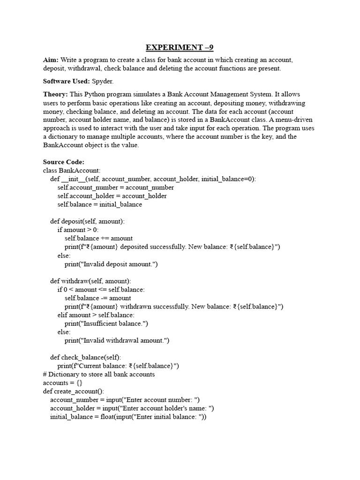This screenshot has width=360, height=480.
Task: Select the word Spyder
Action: tap(103, 81)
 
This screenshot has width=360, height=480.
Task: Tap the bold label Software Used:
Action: tap(66, 81)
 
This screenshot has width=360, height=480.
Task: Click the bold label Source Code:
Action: tap(63, 162)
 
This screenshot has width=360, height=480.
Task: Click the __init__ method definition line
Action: tap(153, 179)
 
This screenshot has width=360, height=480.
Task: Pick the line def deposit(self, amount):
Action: tap(87, 221)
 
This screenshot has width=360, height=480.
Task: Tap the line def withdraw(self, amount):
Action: tap(90, 281)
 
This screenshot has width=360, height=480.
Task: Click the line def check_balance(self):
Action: tap(85, 357)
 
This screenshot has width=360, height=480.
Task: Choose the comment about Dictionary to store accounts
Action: tap(98, 374)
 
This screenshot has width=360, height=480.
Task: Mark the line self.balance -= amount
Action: tap(98, 298)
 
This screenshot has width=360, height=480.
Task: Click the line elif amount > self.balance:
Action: tap(96, 315)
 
